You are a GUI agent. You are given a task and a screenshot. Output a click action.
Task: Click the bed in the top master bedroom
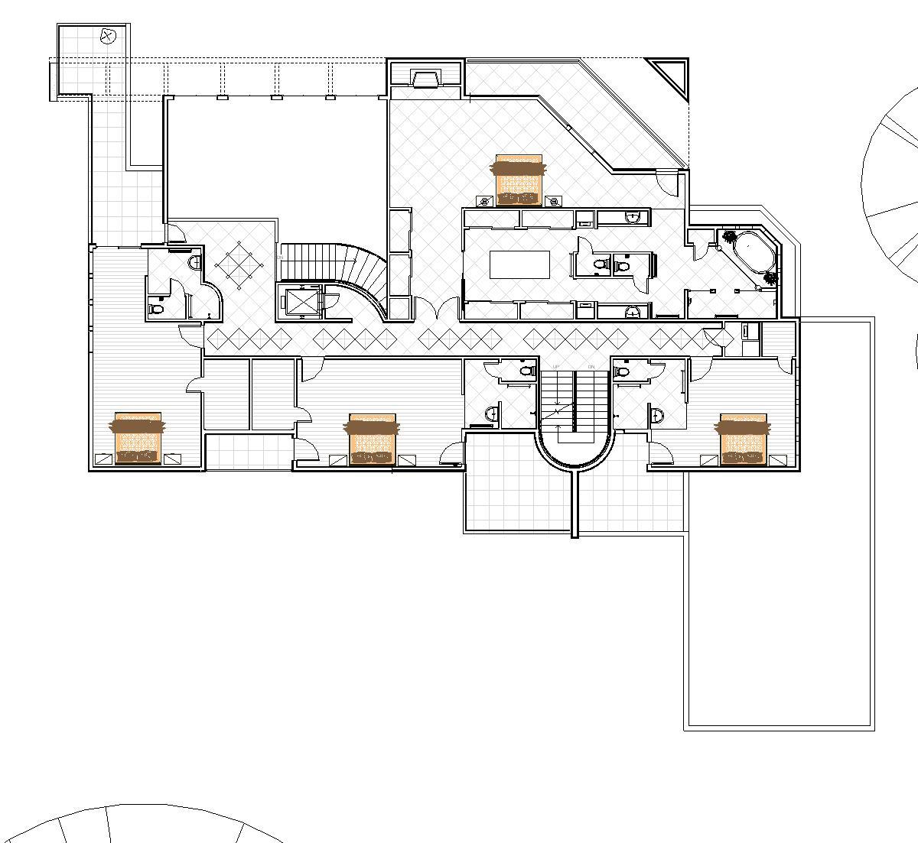point(519,180)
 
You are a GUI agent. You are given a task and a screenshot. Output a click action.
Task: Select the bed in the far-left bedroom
point(138,439)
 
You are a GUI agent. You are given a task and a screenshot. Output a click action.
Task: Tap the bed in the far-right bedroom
point(744,439)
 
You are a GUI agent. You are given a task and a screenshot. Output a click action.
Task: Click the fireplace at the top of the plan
point(425,78)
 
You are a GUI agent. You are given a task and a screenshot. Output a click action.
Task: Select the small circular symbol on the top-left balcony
point(108,35)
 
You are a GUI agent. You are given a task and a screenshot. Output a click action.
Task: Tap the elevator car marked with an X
point(301,301)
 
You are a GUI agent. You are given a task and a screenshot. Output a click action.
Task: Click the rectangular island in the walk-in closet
point(520,264)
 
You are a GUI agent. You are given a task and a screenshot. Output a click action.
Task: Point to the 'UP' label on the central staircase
point(556,368)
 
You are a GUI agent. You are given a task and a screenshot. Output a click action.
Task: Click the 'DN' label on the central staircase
point(591,368)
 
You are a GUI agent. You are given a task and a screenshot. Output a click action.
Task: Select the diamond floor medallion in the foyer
point(239,266)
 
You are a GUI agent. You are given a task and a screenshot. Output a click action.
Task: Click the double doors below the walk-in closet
point(437,311)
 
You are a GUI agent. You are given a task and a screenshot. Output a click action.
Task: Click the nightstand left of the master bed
point(483,201)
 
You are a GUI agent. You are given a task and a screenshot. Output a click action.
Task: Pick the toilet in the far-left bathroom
point(157,310)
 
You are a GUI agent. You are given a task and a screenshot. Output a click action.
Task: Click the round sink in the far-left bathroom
point(194,261)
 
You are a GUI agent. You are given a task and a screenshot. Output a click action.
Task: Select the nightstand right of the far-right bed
point(778,459)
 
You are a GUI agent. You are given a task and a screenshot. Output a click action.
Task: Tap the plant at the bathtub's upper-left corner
point(729,236)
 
